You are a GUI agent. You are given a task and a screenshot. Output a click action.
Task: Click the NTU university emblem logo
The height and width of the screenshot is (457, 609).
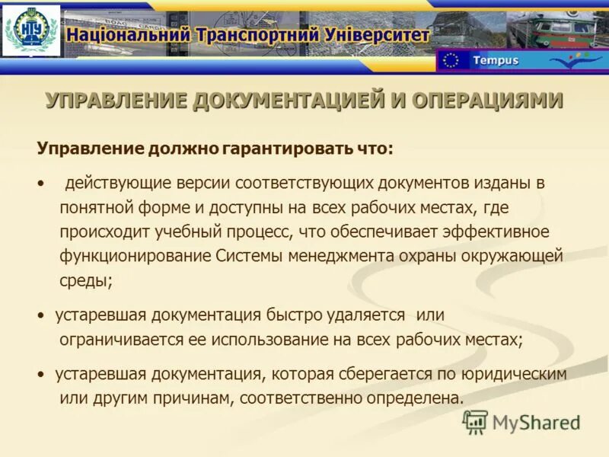pos(31,31)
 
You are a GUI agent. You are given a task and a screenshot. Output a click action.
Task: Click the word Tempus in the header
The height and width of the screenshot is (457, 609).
pos(495,60)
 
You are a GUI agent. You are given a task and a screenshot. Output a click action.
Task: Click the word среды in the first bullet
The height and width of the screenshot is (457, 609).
pos(85,280)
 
